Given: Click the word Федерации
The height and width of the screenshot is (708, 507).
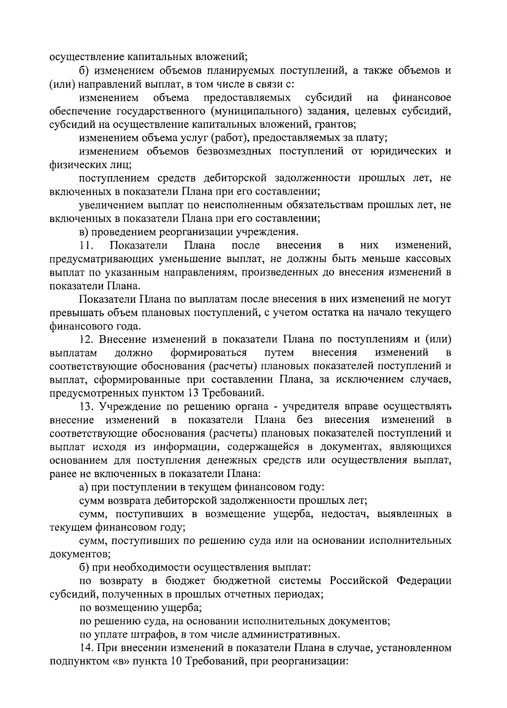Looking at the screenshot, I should [x=424, y=581].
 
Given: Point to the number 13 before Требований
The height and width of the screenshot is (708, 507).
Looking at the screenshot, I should [x=190, y=393].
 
